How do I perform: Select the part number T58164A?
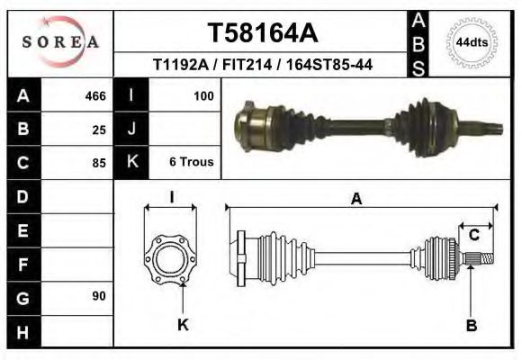click(262, 33)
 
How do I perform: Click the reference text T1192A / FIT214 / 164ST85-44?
click(263, 65)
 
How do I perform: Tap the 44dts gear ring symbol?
click(472, 42)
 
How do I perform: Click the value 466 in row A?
click(94, 95)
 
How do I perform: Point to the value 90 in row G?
click(98, 296)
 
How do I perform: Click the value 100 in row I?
click(203, 95)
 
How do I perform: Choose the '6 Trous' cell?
click(191, 163)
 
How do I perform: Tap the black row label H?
click(22, 331)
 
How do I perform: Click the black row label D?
click(22, 195)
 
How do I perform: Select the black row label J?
click(132, 129)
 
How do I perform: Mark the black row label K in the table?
click(132, 163)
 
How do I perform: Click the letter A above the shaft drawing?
click(356, 199)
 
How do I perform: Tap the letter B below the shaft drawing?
click(471, 325)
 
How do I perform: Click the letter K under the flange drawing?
click(183, 325)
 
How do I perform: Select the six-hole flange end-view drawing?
click(171, 258)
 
